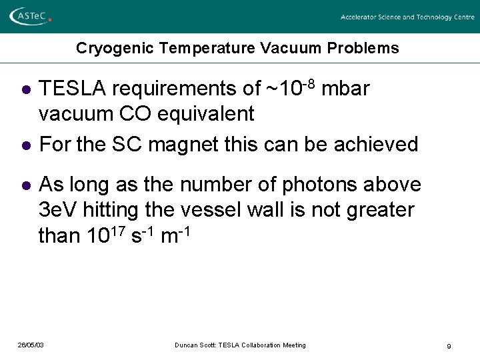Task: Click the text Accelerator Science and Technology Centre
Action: coord(407,17)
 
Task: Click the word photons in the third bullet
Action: coord(308,185)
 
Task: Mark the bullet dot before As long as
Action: coord(25,185)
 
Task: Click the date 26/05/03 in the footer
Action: coord(31,345)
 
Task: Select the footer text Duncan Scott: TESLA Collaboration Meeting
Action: coord(240,345)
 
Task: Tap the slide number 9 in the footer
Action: coord(449,346)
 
